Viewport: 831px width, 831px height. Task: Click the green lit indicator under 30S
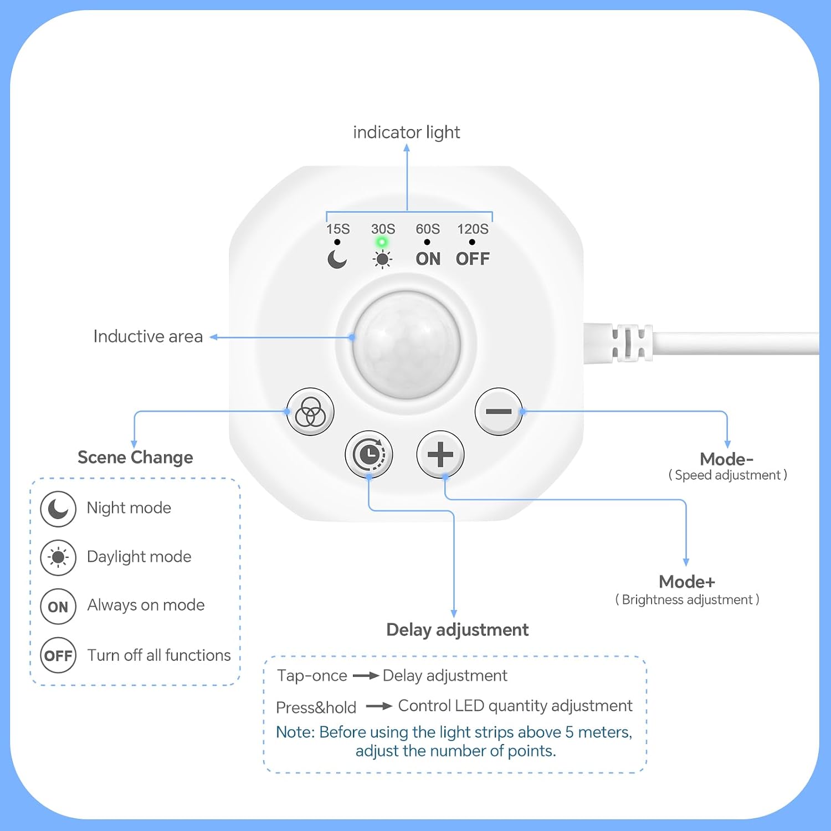[x=382, y=242]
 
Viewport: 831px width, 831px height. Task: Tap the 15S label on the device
[x=338, y=229]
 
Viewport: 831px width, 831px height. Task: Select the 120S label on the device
[x=473, y=229]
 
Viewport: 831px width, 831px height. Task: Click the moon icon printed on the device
[x=337, y=259]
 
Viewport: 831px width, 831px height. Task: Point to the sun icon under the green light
[x=382, y=259]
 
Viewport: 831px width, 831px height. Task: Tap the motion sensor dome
[x=407, y=345]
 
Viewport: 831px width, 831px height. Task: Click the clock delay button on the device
[x=369, y=455]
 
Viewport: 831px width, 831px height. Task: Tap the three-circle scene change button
[x=310, y=412]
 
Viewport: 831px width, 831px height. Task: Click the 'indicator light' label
[x=407, y=132]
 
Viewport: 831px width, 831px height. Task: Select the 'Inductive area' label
[x=148, y=336]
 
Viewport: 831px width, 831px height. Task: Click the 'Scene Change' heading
[x=135, y=458]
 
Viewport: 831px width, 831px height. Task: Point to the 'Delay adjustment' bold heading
[x=458, y=630]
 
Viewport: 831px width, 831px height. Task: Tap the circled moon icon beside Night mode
[x=58, y=509]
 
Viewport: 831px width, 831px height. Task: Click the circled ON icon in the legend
[x=58, y=607]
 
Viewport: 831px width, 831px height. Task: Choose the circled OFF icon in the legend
[x=58, y=655]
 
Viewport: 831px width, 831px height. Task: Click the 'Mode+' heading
[x=687, y=582]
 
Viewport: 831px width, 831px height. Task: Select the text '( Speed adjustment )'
[x=727, y=475]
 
